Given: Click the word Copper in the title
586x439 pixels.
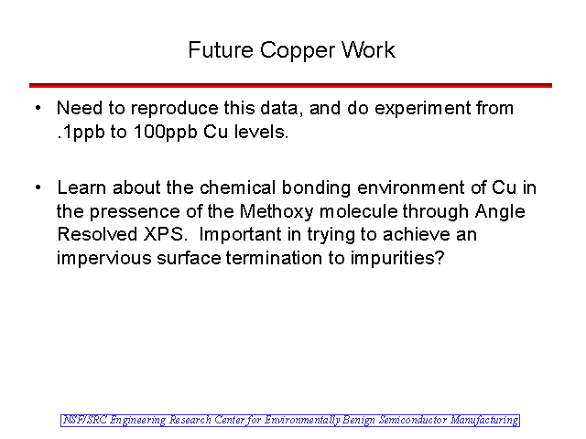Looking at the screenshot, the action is click(x=298, y=51).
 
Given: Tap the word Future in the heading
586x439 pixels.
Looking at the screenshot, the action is click(x=221, y=50).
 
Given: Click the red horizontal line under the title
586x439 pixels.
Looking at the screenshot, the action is click(x=290, y=85).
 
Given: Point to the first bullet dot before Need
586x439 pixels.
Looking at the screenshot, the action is click(x=38, y=108).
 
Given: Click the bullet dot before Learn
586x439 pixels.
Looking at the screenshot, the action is click(x=38, y=187).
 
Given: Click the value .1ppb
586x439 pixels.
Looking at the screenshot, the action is click(x=81, y=133).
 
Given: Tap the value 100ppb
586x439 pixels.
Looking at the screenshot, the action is click(x=165, y=133).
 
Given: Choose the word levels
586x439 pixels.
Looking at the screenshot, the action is click(x=262, y=132).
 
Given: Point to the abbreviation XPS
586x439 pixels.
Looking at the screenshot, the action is click(x=165, y=235).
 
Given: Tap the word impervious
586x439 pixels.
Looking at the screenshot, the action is click(x=103, y=259).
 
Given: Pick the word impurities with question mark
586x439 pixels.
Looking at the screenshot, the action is click(x=397, y=259).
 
